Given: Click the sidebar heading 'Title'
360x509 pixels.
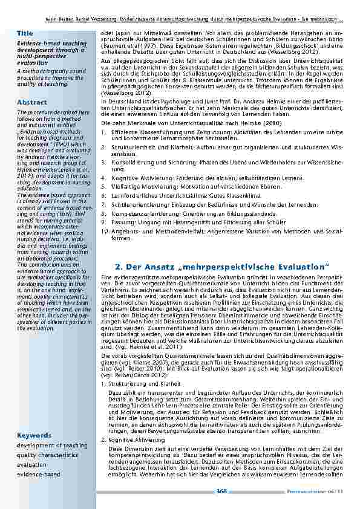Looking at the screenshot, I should [25, 33].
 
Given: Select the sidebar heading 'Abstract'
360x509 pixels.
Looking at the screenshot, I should [31, 103].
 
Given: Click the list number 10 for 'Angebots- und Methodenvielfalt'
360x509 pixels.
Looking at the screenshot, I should [103, 232].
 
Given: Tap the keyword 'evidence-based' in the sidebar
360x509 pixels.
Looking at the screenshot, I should [38, 475].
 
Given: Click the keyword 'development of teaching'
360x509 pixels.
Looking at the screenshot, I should [48, 446].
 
